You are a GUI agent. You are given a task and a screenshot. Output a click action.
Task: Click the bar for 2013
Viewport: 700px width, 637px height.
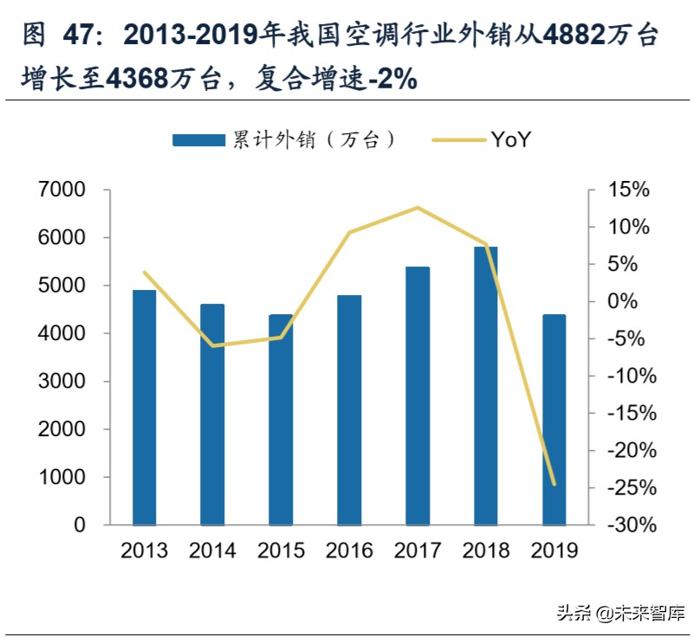(x=145, y=407)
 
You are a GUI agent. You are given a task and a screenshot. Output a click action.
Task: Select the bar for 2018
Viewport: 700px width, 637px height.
(x=486, y=385)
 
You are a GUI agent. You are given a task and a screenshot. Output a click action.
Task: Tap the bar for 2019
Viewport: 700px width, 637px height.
(x=554, y=419)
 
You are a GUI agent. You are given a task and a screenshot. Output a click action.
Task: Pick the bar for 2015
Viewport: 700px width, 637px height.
(x=281, y=419)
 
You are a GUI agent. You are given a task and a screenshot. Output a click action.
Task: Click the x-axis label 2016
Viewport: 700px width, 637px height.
(x=349, y=550)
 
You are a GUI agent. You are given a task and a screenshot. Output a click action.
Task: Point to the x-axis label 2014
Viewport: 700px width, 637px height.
(x=212, y=550)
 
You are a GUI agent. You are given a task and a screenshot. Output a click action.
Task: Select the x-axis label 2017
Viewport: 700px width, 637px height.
(x=418, y=550)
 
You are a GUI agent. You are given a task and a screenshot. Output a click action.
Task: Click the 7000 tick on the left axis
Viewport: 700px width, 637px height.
(x=62, y=190)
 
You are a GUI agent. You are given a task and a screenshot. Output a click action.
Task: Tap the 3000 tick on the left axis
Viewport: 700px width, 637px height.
(x=62, y=382)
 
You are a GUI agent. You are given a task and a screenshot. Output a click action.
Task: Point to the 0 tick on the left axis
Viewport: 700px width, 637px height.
(x=80, y=525)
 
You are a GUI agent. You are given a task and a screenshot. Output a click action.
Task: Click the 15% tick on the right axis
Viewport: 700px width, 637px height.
(x=627, y=190)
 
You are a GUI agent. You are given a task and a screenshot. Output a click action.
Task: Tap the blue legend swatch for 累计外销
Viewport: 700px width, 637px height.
(x=199, y=140)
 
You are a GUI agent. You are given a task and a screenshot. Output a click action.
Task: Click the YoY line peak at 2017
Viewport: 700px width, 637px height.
(x=418, y=208)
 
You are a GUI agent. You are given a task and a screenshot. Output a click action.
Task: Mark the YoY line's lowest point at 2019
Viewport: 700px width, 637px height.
(x=554, y=485)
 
